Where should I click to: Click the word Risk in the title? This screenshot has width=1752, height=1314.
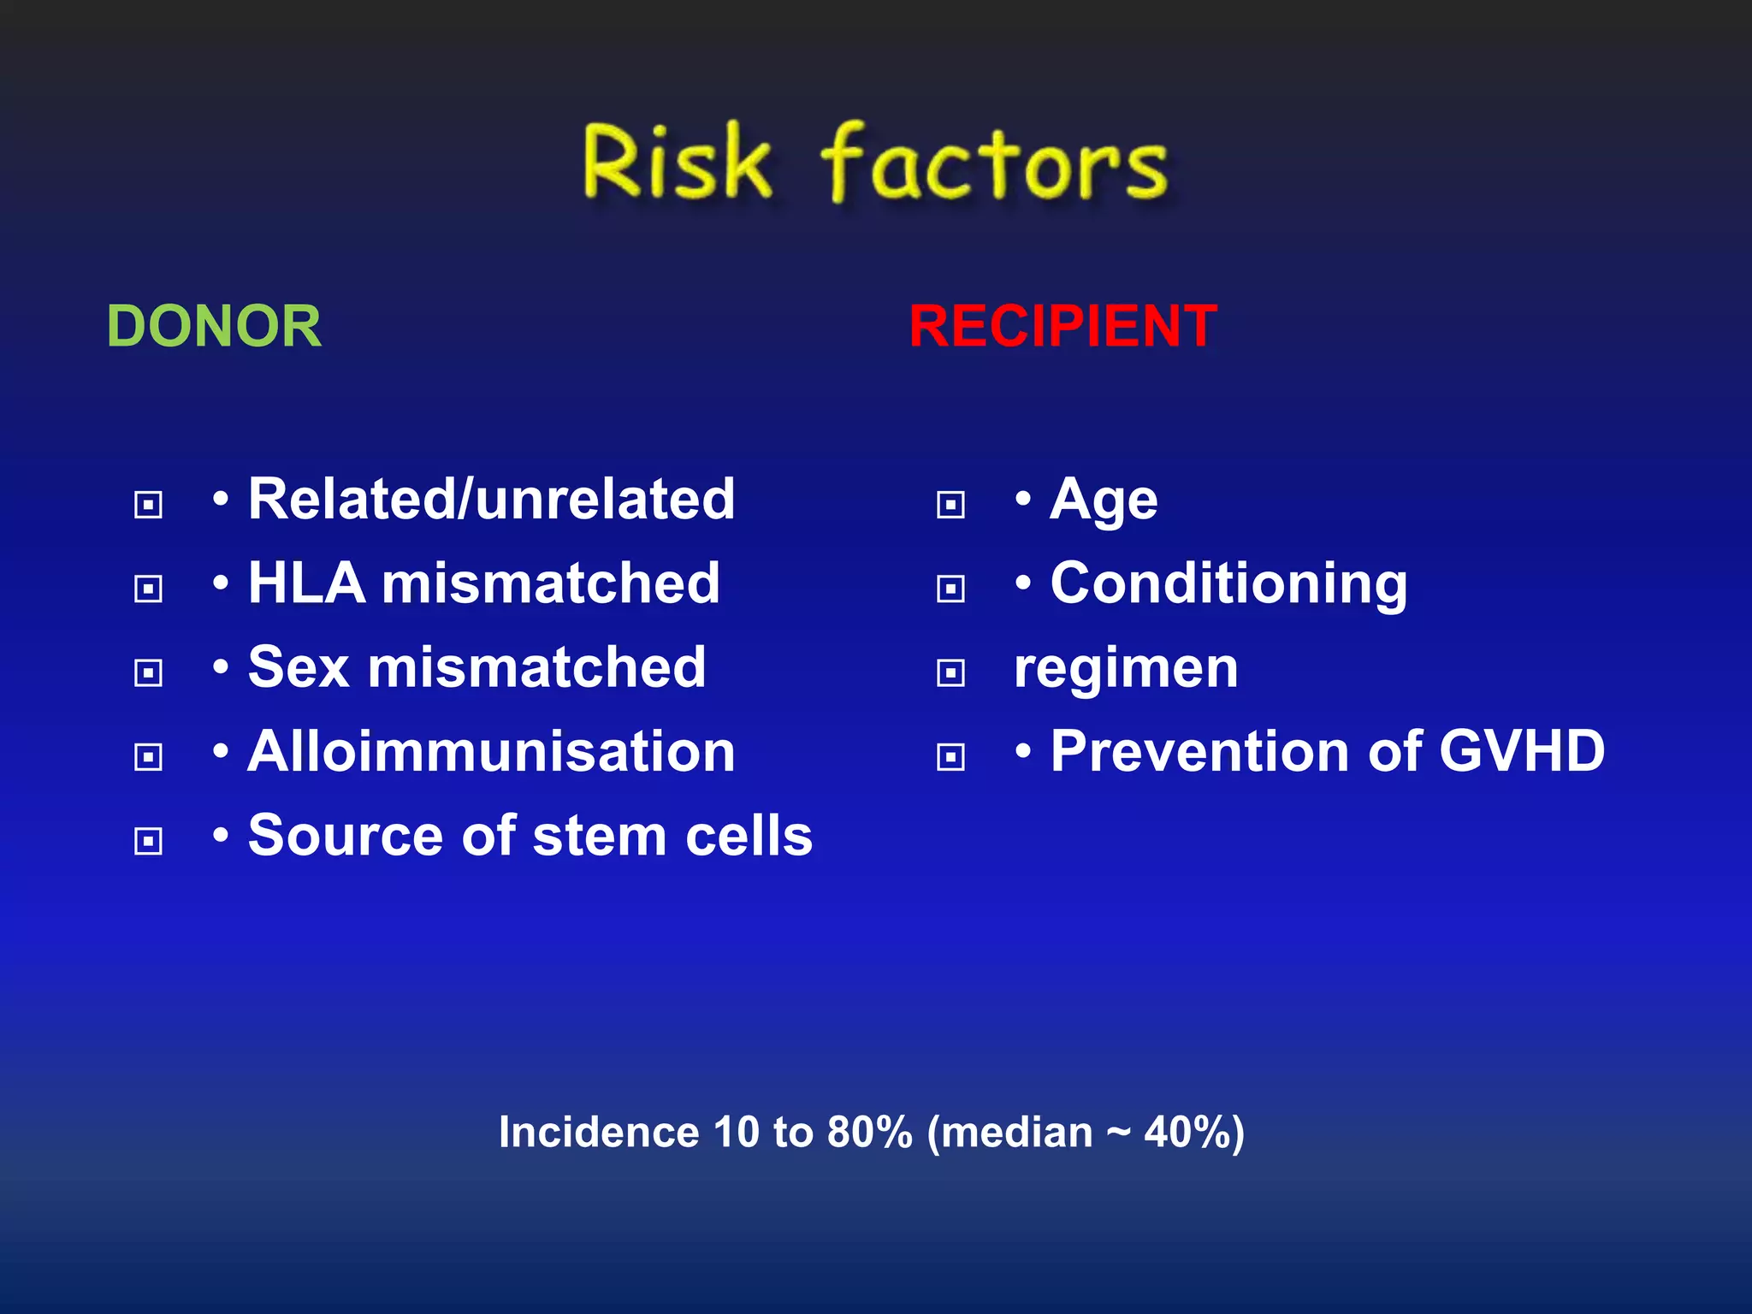tap(676, 163)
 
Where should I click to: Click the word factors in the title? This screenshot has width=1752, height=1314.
tap(994, 164)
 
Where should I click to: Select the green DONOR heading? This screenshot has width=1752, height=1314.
tap(214, 327)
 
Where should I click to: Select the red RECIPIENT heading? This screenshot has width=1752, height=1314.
tap(1062, 327)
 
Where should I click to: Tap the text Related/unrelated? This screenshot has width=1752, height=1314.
tap(491, 500)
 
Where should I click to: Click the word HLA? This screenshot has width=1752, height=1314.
tap(306, 583)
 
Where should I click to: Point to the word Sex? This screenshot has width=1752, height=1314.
tap(299, 667)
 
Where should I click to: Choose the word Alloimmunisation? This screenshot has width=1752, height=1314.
tap(491, 752)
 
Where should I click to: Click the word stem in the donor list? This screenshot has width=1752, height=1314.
tap(599, 836)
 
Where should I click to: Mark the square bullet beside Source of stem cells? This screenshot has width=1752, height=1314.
tap(149, 841)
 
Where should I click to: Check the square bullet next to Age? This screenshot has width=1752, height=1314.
tap(950, 505)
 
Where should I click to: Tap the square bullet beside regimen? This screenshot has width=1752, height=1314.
tap(950, 673)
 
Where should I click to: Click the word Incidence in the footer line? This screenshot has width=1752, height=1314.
tap(599, 1133)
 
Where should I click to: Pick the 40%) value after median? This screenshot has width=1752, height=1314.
tap(1194, 1133)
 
